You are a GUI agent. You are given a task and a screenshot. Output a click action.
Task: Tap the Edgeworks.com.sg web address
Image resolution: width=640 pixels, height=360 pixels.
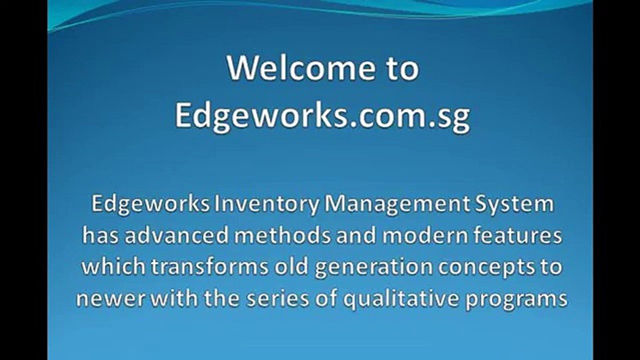coord(322,116)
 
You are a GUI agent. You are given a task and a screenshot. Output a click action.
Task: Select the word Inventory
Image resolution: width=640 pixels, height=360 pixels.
coord(266,205)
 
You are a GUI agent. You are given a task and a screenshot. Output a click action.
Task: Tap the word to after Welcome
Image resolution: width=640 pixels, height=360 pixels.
coord(401,68)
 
